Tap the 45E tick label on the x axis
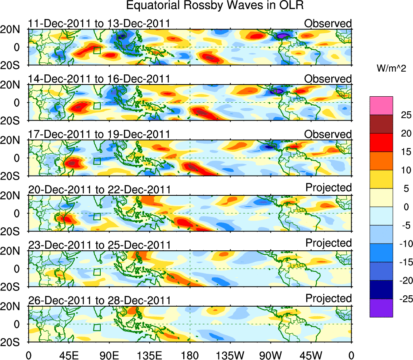point(68,355)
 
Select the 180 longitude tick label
point(190,355)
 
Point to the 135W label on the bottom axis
point(230,355)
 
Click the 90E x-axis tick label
point(109,355)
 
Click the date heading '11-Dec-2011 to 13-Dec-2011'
point(99,23)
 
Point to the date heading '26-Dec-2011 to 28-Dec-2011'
point(99,300)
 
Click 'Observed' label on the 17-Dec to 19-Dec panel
point(328,134)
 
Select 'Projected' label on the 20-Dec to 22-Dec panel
point(328,188)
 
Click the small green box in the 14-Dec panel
point(97,106)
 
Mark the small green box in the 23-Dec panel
point(97,272)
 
